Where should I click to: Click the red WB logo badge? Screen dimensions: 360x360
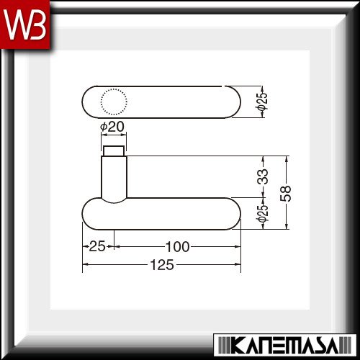(x=25, y=24)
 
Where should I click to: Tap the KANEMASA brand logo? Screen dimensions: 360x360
(x=285, y=345)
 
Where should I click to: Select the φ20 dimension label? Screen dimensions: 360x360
(x=112, y=127)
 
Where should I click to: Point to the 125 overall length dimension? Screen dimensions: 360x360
(x=162, y=265)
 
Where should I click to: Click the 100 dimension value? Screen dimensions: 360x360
(x=178, y=247)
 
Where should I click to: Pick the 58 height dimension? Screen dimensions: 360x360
(x=285, y=193)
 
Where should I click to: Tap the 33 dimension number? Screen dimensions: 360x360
(x=262, y=176)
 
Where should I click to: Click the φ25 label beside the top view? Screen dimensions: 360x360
(x=261, y=102)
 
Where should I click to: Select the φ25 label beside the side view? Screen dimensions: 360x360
(x=261, y=213)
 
